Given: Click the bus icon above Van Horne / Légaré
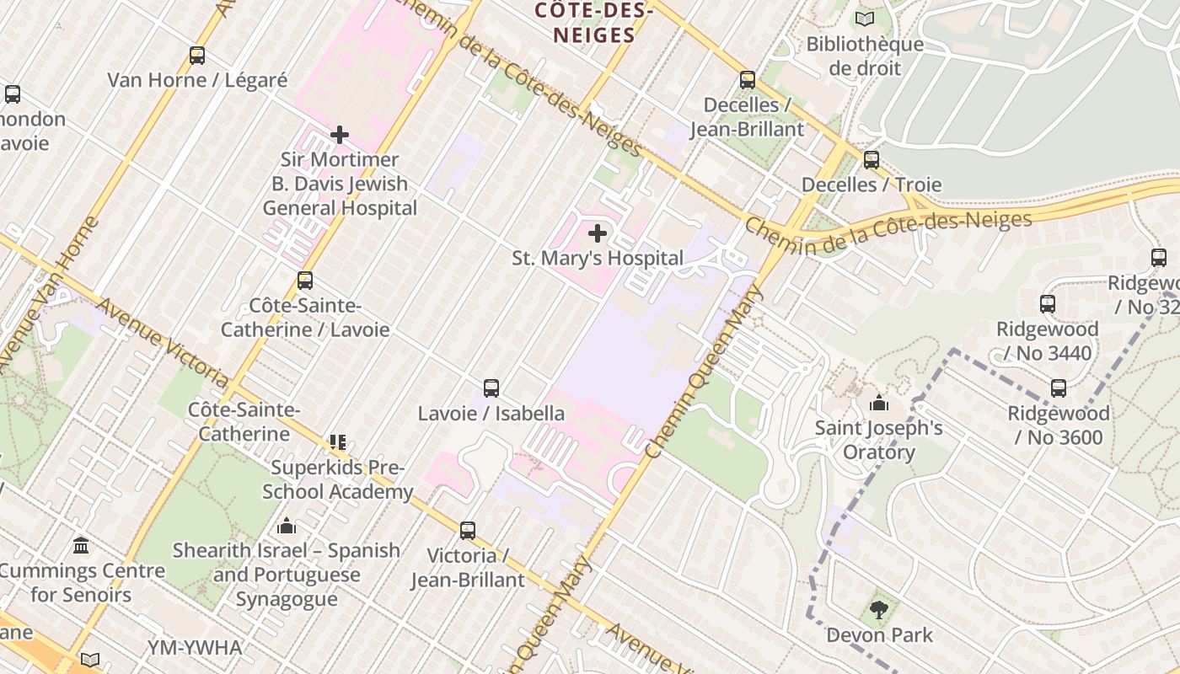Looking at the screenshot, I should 197,56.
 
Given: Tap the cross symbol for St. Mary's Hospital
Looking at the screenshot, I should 598,233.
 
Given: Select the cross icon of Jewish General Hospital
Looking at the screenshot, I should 340,135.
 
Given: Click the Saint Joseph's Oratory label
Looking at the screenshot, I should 878,440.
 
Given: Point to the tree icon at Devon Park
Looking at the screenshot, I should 879,610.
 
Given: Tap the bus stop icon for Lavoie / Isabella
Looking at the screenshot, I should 491,388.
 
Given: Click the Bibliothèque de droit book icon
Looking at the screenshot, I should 865,19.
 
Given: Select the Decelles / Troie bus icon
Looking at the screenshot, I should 872,159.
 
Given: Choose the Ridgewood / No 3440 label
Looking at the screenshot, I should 1047,340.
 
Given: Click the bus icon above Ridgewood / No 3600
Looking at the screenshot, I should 1059,388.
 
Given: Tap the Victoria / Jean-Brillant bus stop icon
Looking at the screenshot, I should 468,531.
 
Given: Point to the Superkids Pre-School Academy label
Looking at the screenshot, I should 337,479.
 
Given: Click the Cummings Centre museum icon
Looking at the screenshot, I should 81,545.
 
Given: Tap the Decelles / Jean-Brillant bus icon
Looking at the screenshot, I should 748,80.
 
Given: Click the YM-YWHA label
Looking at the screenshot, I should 195,648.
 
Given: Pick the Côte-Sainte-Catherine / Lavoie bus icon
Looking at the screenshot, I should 305,281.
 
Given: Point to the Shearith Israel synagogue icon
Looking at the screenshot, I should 287,526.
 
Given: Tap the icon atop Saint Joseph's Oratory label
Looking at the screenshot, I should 879,403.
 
